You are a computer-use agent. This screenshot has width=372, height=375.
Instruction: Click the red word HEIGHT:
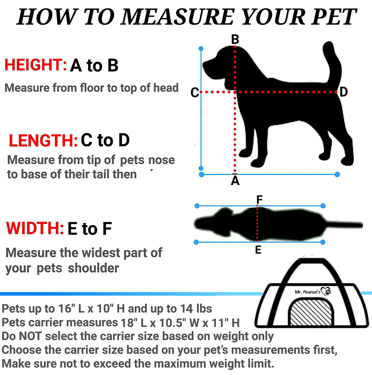[x=36, y=65]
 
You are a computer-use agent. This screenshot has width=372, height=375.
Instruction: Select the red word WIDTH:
[x=35, y=228]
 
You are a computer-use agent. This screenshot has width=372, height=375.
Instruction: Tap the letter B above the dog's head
[x=235, y=39]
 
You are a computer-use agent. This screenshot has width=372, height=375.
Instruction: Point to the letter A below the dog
[x=235, y=181]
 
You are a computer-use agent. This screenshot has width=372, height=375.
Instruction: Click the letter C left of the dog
[x=195, y=92]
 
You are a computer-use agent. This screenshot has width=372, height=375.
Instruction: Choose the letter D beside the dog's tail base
[x=344, y=92]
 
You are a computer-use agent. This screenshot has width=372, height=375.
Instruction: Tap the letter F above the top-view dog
[x=259, y=199]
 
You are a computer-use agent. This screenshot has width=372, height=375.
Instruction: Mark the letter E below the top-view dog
[x=258, y=250]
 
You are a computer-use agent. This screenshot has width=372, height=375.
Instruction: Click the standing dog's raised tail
[x=332, y=64]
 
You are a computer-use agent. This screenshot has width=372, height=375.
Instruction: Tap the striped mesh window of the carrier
[x=311, y=313]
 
